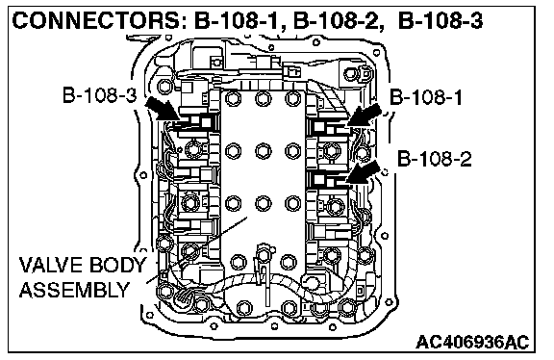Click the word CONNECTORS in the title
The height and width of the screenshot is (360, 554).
click(97, 21)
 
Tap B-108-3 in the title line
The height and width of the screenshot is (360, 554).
click(441, 21)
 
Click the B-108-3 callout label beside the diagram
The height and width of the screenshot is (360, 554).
click(99, 95)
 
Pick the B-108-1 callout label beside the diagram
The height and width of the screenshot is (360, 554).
click(426, 97)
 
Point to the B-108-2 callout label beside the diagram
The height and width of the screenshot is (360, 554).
click(434, 159)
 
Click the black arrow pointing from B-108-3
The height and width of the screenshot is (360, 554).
click(164, 109)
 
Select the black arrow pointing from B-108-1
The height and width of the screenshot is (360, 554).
click(365, 116)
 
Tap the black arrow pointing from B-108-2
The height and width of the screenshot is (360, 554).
click(364, 172)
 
